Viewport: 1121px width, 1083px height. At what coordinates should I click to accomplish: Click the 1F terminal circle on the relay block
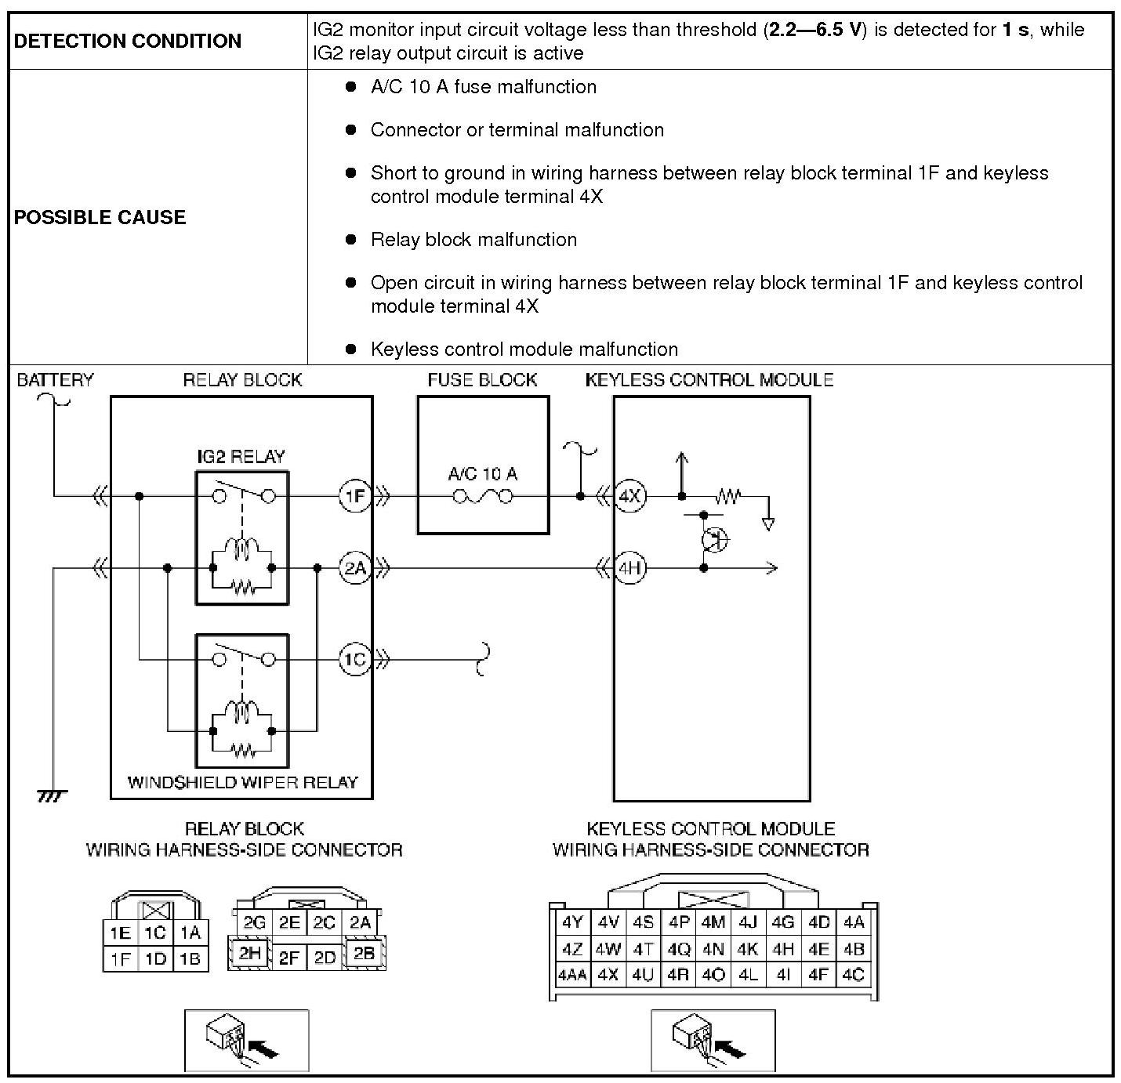click(x=355, y=496)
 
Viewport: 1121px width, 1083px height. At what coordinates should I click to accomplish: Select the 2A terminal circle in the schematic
click(x=355, y=568)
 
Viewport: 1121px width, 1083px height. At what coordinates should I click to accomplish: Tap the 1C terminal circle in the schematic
click(x=355, y=659)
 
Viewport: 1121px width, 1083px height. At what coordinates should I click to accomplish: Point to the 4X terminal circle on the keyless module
click(x=629, y=496)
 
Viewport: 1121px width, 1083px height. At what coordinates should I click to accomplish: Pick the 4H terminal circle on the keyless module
click(x=629, y=568)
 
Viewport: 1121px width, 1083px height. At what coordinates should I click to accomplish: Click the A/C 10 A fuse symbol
click(x=483, y=496)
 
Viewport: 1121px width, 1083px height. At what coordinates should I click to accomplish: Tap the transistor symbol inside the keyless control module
click(x=714, y=539)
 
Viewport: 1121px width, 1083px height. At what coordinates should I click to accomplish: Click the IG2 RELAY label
click(x=241, y=457)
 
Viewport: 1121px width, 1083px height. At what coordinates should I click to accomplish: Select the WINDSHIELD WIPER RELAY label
click(x=242, y=782)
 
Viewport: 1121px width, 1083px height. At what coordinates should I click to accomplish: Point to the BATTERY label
click(x=55, y=380)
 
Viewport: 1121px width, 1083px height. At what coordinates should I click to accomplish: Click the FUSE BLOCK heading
click(x=482, y=380)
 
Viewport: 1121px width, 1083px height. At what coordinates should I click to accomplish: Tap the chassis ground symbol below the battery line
click(x=53, y=797)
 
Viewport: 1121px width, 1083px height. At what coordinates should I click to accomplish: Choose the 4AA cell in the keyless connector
click(x=572, y=976)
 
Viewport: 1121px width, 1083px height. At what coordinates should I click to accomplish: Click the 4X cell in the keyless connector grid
click(x=608, y=976)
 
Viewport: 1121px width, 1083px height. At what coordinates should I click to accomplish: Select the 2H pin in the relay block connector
click(x=250, y=954)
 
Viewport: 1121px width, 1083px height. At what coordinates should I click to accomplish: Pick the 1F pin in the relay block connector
click(x=120, y=958)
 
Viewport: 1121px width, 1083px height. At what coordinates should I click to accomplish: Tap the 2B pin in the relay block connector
click(x=364, y=954)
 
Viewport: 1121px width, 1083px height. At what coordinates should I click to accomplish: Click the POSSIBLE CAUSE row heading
click(x=100, y=217)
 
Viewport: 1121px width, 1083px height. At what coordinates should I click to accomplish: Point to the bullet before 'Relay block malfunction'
click(x=351, y=239)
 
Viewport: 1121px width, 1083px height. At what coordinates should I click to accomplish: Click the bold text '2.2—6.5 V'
click(x=814, y=31)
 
